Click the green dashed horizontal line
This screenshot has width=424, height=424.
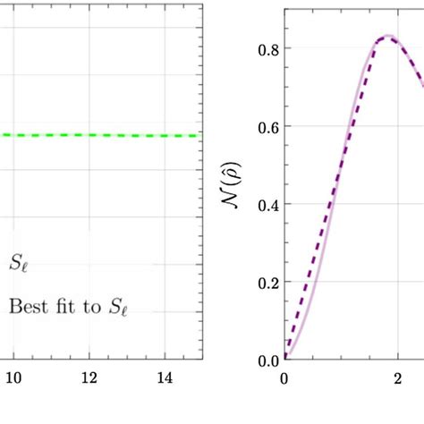(x=98, y=135)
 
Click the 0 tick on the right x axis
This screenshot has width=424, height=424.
(x=284, y=378)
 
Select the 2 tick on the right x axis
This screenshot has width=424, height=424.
(x=397, y=378)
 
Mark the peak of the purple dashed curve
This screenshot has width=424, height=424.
(x=388, y=37)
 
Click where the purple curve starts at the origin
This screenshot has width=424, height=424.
(x=285, y=358)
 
